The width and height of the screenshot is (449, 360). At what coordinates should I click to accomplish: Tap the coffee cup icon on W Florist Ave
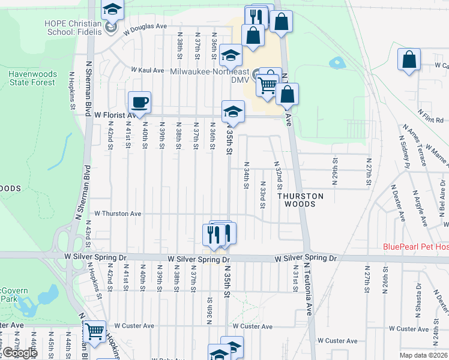[x=139, y=101]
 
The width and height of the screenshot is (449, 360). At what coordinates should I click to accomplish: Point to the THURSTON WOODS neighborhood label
[x=300, y=200]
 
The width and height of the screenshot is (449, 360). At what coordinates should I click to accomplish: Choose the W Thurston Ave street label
[x=118, y=214]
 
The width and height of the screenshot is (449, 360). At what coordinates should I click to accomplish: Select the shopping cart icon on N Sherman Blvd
[x=95, y=331]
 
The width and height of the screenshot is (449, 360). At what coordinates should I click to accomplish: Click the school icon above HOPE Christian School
[x=112, y=9]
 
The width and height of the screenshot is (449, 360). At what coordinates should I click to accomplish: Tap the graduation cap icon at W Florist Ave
[x=233, y=111]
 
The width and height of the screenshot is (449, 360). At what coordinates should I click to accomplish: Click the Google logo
[x=19, y=353]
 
